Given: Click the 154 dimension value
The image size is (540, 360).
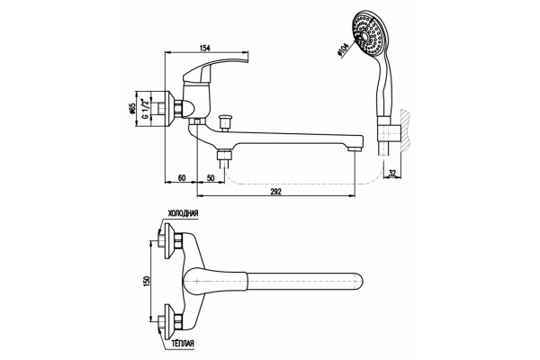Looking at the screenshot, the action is point(204,48).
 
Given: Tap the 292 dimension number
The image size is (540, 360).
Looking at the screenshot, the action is point(276,192).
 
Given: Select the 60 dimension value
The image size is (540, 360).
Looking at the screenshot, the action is point(182,178).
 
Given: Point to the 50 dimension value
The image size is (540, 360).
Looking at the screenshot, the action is point(211,178).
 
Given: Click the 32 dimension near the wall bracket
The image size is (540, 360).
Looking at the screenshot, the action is point(392,173).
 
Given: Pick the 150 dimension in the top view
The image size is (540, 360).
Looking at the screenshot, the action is point(147,282).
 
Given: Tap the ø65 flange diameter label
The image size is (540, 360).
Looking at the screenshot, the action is point(132,110).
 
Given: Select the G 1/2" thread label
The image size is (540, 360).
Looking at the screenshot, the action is point(146,109).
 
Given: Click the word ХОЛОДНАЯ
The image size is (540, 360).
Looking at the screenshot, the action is point(183,213).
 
